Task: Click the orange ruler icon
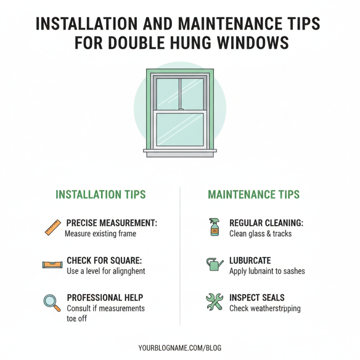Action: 53,227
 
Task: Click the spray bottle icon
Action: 214,227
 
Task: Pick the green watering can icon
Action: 215,264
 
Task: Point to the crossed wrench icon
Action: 214,302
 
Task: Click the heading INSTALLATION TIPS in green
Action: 100,194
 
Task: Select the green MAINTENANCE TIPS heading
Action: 253,194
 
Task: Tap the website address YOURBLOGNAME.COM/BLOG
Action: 180,348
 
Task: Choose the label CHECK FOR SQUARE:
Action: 104,261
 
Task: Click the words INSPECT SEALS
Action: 257,298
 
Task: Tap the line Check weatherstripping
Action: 265,309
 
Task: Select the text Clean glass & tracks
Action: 261,234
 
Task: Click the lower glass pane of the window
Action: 180,129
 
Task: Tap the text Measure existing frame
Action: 100,234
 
